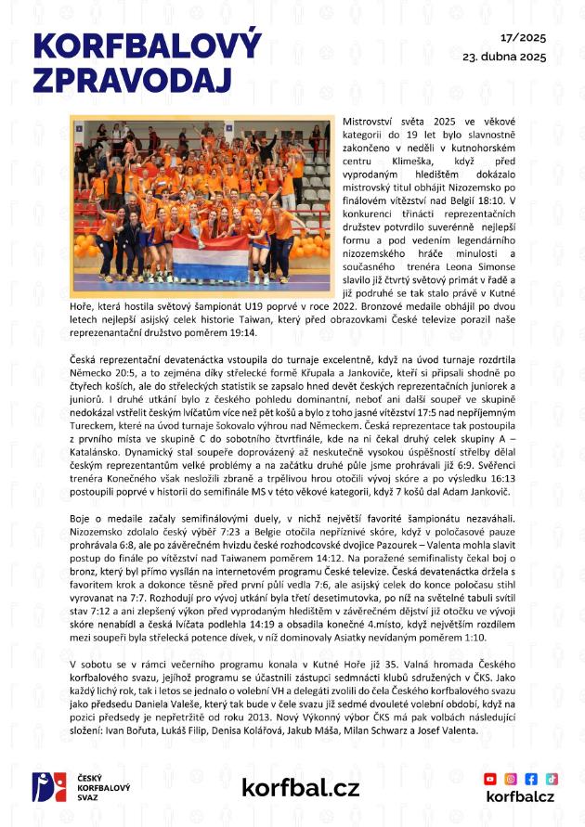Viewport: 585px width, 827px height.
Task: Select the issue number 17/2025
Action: click(x=523, y=39)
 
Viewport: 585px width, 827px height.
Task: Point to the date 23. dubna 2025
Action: click(x=504, y=57)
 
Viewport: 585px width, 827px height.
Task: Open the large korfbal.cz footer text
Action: click(x=300, y=788)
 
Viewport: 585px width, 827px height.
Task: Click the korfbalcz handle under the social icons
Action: click(x=520, y=796)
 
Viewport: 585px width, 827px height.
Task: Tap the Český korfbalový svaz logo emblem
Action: click(x=47, y=787)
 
